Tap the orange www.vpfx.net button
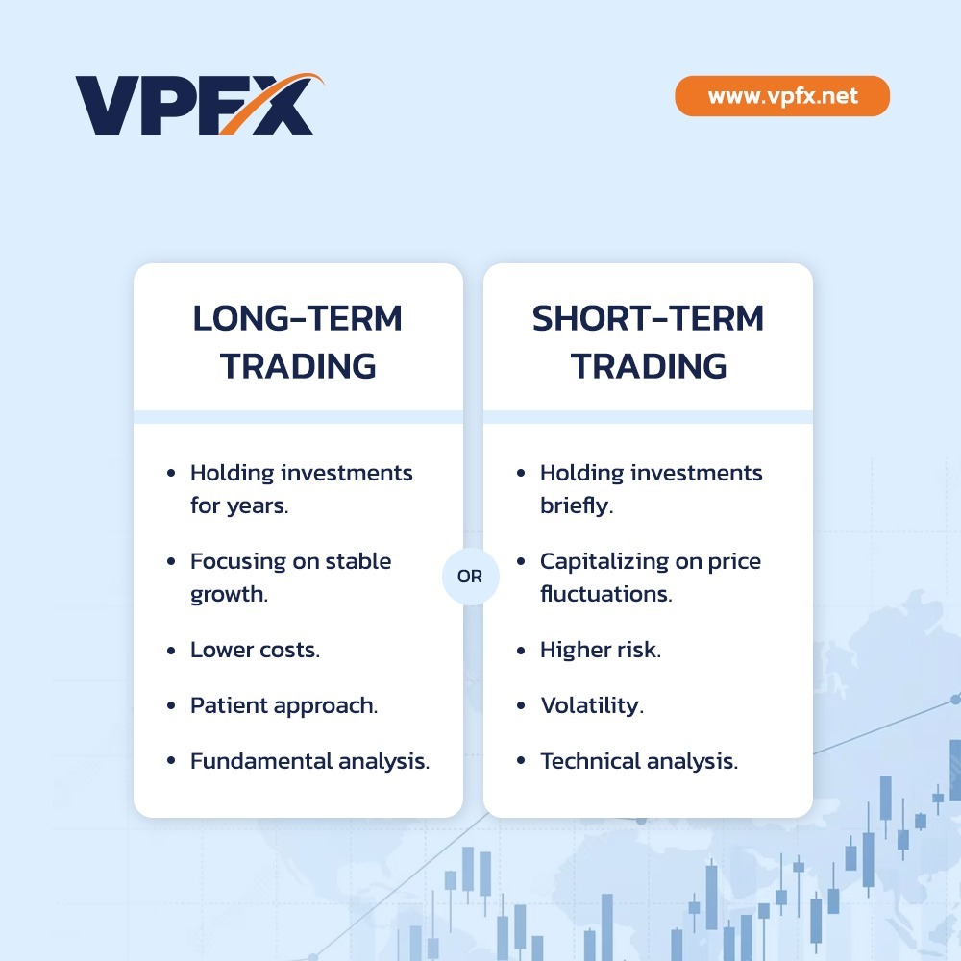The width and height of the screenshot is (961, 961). pos(782,96)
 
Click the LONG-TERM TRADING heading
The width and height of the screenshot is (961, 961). pos(298,342)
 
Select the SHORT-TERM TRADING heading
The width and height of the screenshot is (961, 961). pos(648,342)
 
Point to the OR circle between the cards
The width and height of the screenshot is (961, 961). pos(471,577)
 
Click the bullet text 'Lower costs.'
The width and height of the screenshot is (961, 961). pos(255,650)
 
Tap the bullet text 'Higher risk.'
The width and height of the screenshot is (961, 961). pos(600,650)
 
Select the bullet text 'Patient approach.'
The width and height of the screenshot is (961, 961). pos(283,705)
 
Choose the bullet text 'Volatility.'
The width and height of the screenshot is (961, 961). pos(591,705)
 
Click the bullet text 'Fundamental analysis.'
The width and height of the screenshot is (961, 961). pos(309,761)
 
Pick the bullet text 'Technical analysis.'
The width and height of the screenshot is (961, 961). pos(639,761)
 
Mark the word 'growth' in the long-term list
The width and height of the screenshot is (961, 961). pos(228,595)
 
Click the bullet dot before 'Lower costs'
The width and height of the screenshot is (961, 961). pos(171,651)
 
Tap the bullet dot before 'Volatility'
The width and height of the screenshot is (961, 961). pos(521,706)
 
